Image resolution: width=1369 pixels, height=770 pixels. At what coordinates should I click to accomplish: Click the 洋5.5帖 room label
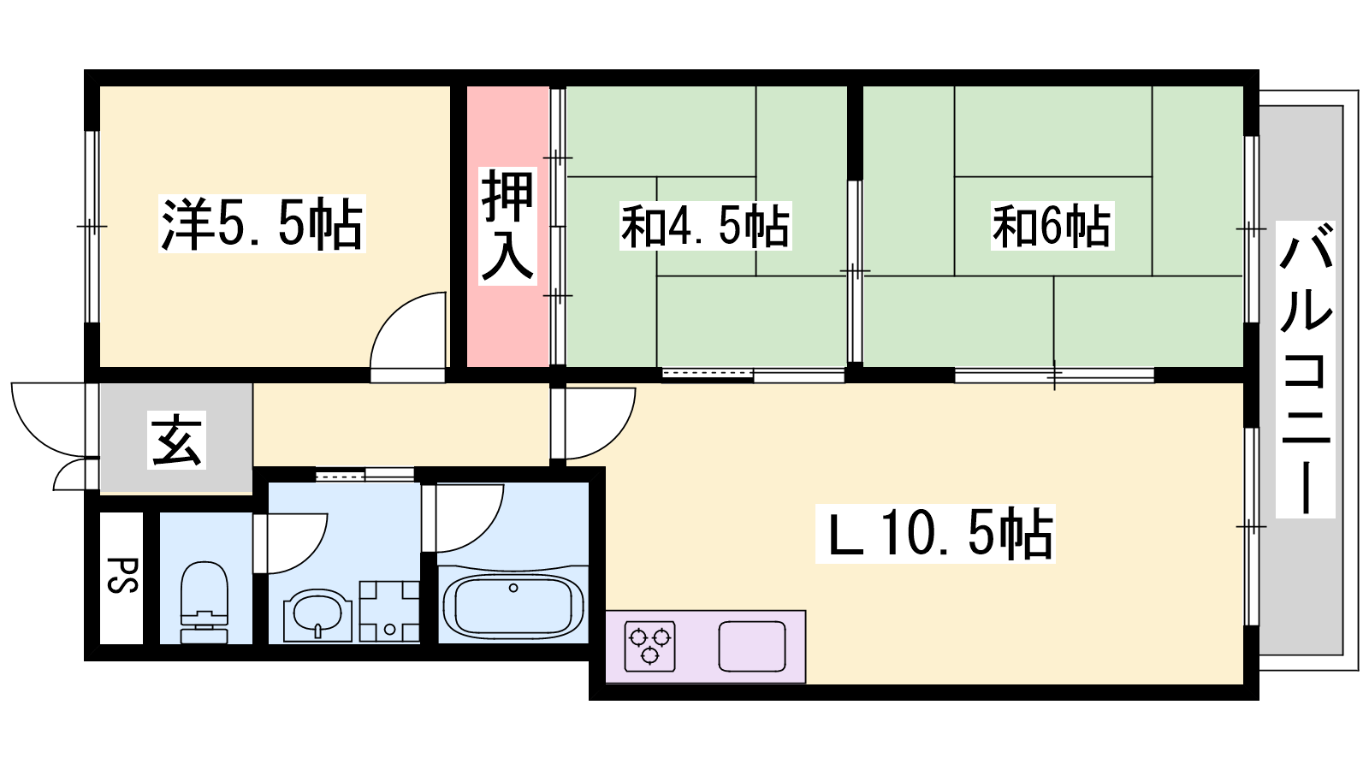pos(262,223)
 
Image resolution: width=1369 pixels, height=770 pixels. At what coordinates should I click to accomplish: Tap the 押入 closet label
pos(507,226)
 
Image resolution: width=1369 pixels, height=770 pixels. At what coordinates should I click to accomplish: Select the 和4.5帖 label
pos(705,226)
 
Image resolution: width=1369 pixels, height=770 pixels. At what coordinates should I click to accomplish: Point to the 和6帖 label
pos(1052,226)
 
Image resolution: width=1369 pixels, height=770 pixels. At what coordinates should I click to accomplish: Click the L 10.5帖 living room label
pos(935,534)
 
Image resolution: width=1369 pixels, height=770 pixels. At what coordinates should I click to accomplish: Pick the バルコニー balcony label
pos(1305,369)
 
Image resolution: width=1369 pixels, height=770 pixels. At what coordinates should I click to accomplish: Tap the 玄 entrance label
pos(176,440)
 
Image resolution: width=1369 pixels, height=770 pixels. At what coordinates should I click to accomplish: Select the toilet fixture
pos(204,602)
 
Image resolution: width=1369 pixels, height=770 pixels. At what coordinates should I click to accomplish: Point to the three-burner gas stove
pos(649,646)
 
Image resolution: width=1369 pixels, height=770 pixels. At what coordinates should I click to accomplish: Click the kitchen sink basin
pos(752,646)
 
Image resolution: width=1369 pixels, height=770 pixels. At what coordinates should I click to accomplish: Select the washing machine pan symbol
pos(389,611)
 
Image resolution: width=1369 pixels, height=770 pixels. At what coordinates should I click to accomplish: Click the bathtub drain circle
pos(513,588)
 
